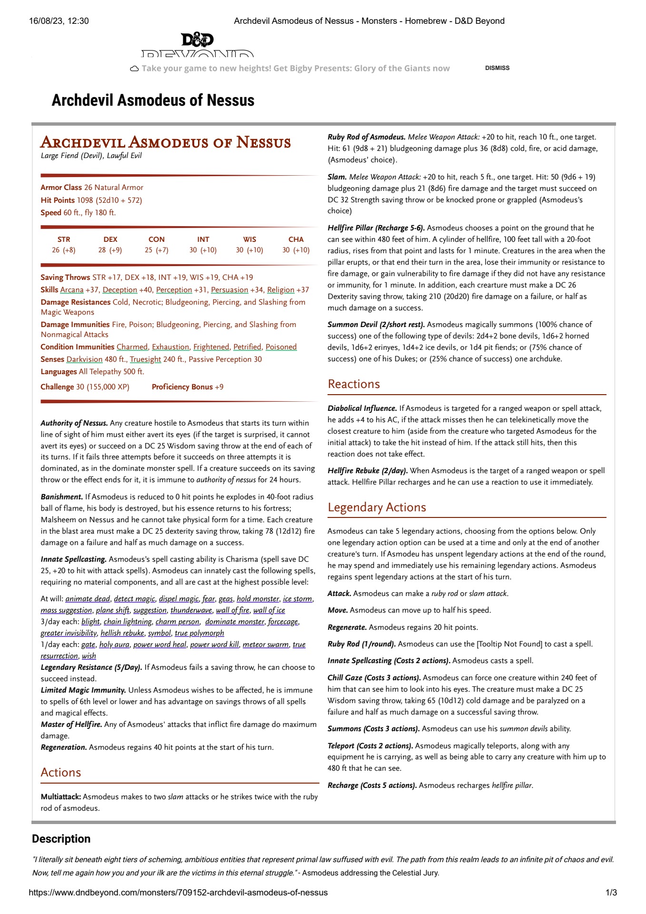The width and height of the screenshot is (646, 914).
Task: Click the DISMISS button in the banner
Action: coord(497,68)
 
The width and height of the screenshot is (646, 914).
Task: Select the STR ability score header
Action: coord(64,239)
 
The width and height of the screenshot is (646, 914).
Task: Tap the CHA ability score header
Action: coord(296,239)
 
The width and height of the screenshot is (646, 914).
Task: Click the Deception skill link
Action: coord(119,290)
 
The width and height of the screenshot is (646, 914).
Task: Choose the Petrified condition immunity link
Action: coord(247,347)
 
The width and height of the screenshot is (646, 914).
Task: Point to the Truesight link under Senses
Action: coord(145,359)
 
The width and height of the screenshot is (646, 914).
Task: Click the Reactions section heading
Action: coord(354,384)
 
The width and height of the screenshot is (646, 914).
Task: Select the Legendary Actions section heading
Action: coord(377,507)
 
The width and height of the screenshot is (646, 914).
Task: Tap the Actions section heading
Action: coord(61,773)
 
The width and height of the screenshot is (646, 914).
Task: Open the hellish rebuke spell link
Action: coord(122,633)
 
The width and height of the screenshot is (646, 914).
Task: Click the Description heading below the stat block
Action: coord(61,839)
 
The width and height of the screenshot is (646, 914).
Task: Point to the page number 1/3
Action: coord(611,893)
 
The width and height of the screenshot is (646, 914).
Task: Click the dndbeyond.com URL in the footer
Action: coord(178,893)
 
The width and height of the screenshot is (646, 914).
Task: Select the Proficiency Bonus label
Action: coord(182,387)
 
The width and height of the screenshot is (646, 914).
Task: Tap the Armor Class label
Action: coord(61,188)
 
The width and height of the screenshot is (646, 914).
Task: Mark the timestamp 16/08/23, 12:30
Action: coord(59,21)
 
